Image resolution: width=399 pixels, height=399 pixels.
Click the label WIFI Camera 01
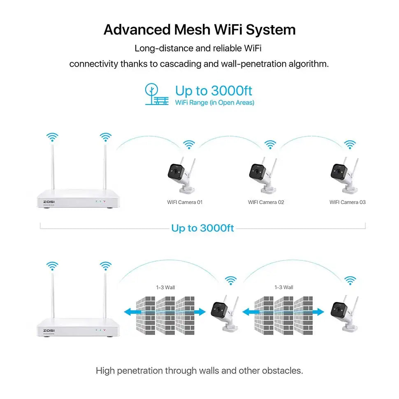(x=185, y=202)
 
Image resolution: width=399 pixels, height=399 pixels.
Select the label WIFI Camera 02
(x=266, y=202)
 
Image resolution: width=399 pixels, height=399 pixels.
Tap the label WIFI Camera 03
(x=347, y=202)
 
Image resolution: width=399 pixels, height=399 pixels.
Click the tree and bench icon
(x=156, y=94)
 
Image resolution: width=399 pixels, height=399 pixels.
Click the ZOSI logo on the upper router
(x=49, y=201)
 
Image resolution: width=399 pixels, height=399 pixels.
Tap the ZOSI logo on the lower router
(x=49, y=330)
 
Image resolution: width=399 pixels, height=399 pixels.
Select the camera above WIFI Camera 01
(x=181, y=175)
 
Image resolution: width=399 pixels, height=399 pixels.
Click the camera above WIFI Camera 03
(x=344, y=175)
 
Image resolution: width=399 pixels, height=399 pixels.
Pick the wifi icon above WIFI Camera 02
(x=270, y=145)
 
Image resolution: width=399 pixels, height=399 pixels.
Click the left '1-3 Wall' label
(x=165, y=287)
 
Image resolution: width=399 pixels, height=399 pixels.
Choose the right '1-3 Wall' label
(x=284, y=287)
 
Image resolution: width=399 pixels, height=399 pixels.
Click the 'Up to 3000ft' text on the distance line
(x=202, y=228)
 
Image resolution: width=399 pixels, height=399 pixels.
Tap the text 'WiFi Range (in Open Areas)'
(x=214, y=102)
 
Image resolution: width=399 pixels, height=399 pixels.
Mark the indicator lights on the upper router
(x=100, y=202)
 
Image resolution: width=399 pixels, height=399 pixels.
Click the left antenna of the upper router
(x=52, y=165)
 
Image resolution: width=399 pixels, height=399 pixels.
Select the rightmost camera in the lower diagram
(x=344, y=313)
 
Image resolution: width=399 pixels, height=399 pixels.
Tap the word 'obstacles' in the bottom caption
(x=284, y=371)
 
